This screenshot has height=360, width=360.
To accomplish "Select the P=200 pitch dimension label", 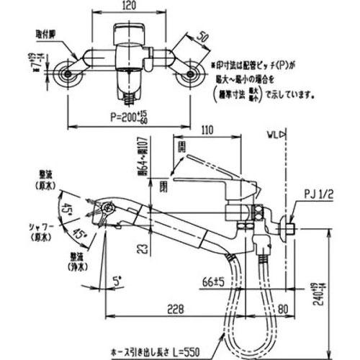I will click(130, 115).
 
